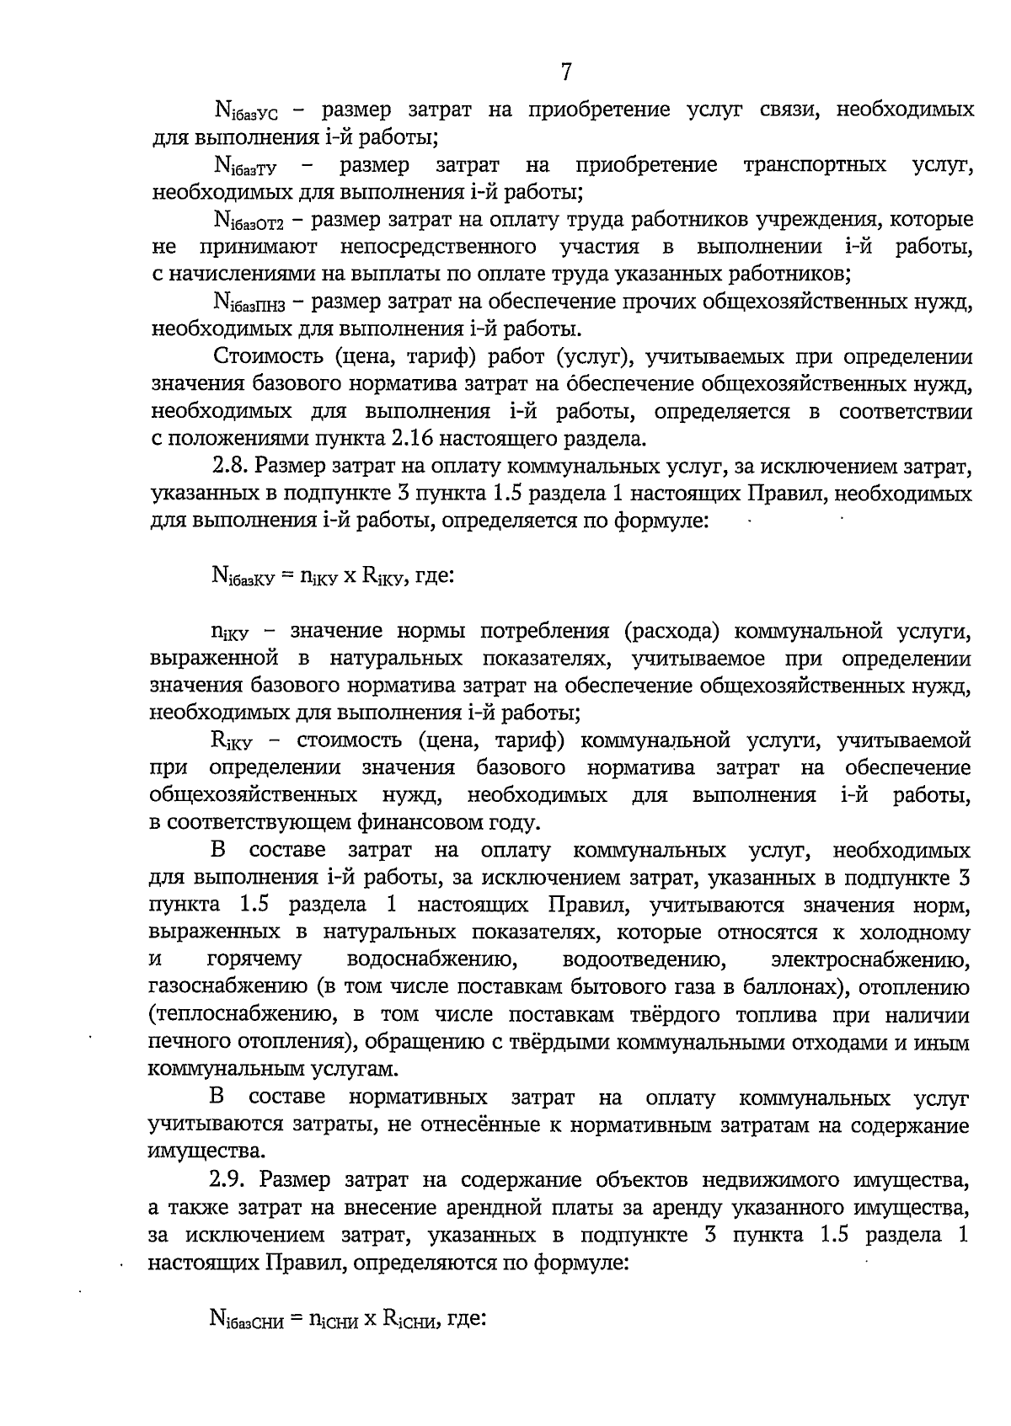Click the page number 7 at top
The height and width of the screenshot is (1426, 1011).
click(566, 73)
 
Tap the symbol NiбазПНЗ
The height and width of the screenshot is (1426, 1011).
click(250, 302)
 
